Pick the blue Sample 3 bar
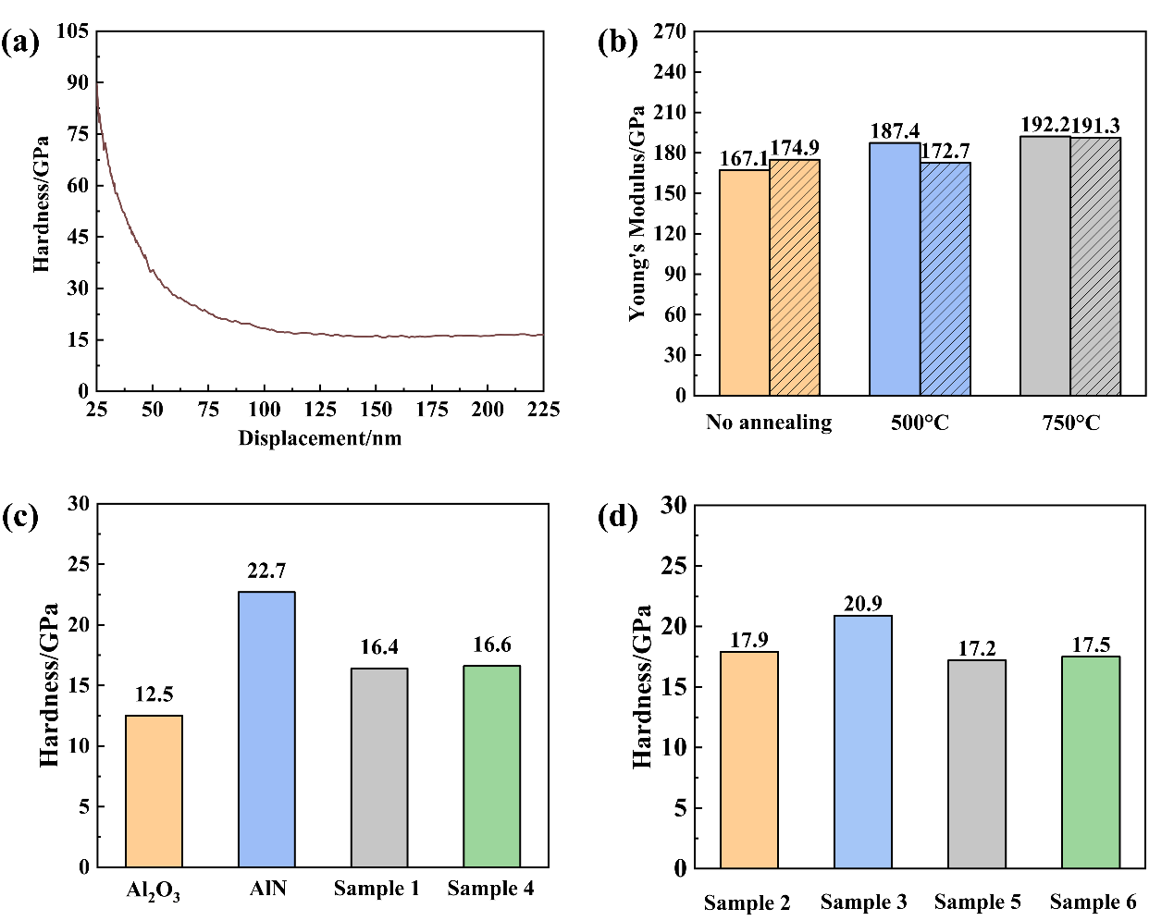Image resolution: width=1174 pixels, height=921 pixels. coord(863,742)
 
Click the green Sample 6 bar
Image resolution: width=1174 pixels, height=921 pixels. coord(1091,762)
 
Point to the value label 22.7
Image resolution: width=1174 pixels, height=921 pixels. coord(266,571)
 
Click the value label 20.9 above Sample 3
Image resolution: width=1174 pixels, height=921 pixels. coord(863,604)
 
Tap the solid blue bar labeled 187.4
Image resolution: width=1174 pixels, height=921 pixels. coord(895,269)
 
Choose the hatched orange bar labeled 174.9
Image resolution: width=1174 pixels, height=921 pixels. coord(795,277)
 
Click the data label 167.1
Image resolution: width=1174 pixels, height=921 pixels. coord(744,159)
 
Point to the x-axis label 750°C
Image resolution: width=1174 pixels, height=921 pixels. coord(1071,424)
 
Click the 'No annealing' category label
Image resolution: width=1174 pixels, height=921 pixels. coord(769,423)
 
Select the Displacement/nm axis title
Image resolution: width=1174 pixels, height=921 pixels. coord(320,438)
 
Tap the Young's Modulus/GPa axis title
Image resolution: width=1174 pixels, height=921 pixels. coord(637,214)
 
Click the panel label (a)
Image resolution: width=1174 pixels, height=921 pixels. coord(20,43)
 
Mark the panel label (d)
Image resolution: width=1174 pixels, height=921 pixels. coord(618,516)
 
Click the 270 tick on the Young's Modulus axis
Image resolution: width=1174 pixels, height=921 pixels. coord(670,32)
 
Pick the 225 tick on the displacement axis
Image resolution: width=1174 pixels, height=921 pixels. coord(542,410)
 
